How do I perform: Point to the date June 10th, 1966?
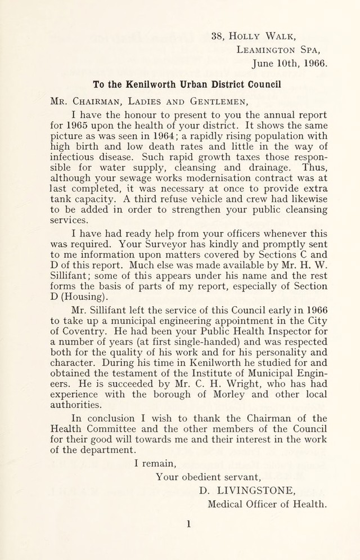pyautogui.click(x=289, y=64)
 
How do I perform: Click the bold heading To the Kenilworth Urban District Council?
pyautogui.click(x=186, y=86)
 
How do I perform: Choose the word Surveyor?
pyautogui.click(x=171, y=249)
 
